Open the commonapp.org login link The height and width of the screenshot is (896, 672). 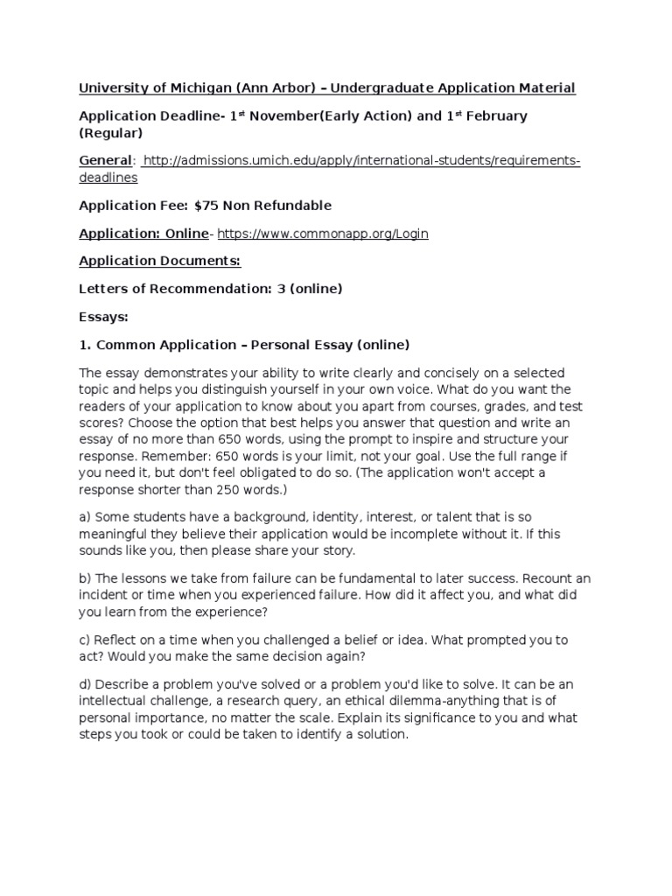coord(323,234)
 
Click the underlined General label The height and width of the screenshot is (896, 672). coord(105,161)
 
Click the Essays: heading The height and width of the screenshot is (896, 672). coord(104,317)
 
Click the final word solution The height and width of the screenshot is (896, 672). coord(382,735)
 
